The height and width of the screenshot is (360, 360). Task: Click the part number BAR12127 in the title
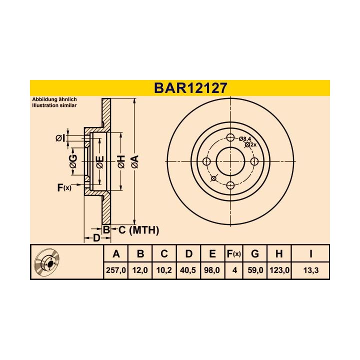click(190, 87)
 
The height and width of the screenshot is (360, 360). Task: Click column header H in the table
click(278, 254)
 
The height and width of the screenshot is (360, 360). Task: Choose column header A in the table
click(116, 254)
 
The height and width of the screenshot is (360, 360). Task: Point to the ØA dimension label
click(134, 161)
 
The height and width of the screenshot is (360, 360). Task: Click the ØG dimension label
click(73, 161)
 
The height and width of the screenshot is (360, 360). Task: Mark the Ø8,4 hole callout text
click(245, 138)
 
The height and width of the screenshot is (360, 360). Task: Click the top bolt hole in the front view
click(230, 138)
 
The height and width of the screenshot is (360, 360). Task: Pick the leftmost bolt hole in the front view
click(206, 161)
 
